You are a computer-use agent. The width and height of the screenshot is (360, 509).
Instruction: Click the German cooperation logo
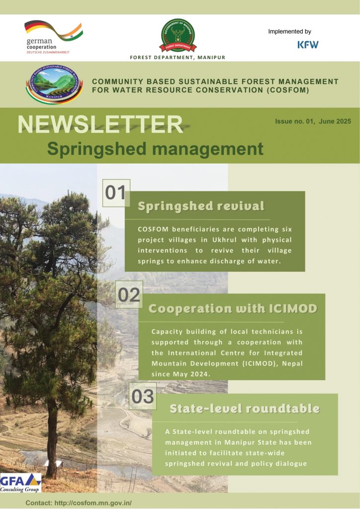54,37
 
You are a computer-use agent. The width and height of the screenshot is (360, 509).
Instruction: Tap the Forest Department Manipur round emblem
178,35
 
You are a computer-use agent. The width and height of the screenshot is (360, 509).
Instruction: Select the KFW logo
308,44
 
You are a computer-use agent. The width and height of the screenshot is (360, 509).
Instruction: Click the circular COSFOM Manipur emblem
54,84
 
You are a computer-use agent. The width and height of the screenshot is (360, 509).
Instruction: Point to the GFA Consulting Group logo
20,483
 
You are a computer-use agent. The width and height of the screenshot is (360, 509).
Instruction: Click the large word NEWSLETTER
100,124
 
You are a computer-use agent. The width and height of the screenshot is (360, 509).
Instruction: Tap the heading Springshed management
155,149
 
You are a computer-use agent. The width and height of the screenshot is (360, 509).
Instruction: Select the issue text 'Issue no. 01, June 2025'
313,121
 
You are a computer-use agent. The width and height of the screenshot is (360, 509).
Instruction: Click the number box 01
116,193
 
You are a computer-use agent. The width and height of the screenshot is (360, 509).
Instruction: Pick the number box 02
129,294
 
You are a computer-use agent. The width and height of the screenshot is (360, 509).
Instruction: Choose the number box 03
143,396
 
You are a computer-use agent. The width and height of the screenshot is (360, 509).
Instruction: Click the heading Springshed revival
201,206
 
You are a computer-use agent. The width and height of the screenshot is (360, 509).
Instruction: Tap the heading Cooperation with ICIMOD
233,308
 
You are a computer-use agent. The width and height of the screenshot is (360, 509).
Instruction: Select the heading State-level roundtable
245,409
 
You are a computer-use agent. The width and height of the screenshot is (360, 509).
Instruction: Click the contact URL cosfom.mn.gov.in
93,503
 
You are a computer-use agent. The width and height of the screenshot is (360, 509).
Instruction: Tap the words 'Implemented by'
289,31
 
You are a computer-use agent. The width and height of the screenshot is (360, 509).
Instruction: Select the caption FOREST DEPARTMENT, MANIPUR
178,58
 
